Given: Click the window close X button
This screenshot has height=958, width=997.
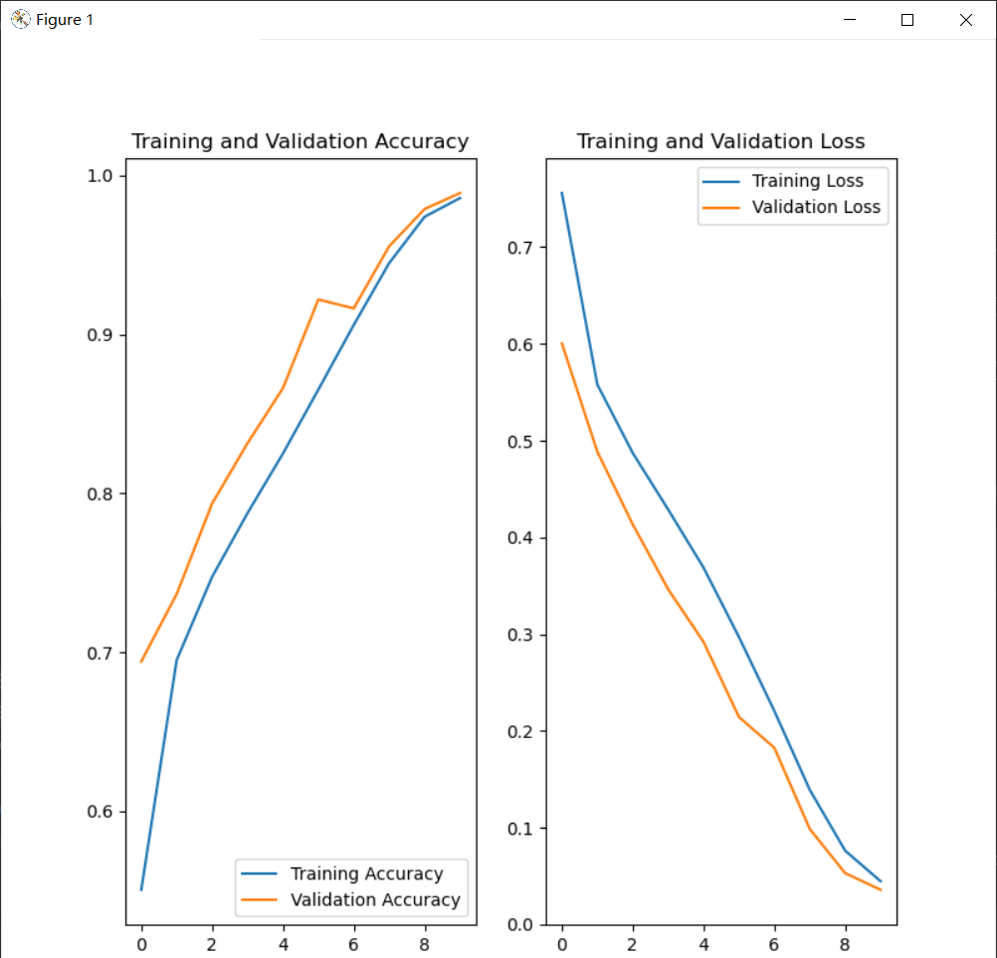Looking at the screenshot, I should point(965,20).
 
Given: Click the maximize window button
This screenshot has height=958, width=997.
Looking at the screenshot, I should point(907,20).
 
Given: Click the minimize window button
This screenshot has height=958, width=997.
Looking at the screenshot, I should point(850,20).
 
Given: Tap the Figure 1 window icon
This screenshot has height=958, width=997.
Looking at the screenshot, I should point(20,19).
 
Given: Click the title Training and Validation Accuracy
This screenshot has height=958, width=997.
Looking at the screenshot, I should point(299,141).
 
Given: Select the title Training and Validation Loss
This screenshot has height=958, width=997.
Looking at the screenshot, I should point(720,141).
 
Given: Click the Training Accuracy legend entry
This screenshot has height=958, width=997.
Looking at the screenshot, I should point(366,873).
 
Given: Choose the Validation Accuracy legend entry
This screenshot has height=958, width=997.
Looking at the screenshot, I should point(375,899).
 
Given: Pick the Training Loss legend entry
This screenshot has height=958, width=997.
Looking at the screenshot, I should point(807,181).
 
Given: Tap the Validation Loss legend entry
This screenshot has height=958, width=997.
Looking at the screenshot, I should point(816,207).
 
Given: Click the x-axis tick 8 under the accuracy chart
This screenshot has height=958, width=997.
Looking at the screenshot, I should point(425,942).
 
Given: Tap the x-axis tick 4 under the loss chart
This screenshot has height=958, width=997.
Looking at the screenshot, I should point(703,942).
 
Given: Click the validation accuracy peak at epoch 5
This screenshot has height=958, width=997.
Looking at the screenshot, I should point(318,299).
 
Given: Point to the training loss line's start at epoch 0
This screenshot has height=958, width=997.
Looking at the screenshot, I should point(562,193).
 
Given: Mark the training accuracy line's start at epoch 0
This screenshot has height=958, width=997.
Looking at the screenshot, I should point(141,889).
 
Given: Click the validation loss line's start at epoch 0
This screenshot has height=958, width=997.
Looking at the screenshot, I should point(562,343).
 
